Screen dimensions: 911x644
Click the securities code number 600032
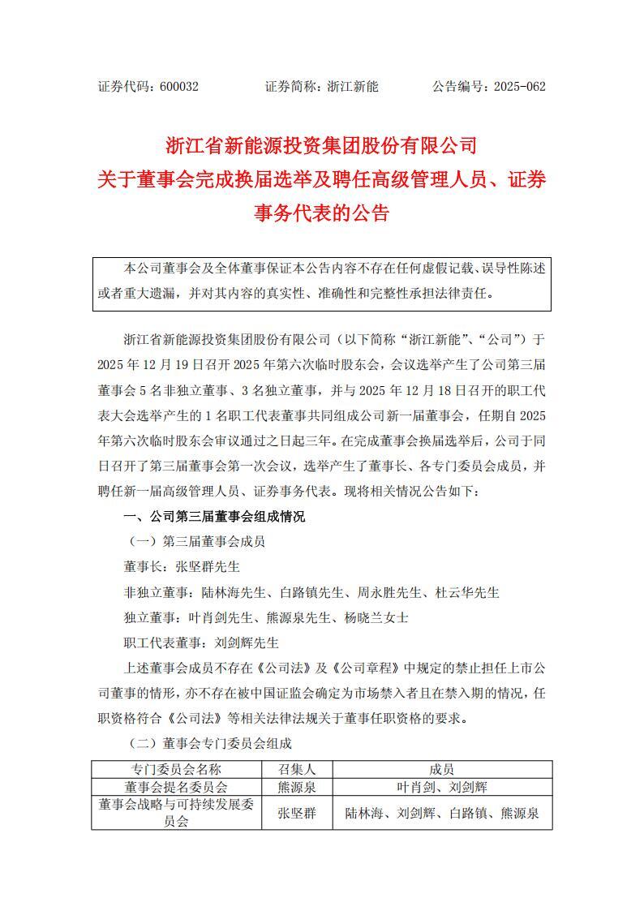[x=178, y=86]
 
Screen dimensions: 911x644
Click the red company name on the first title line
[x=321, y=146]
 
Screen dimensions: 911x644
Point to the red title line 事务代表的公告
[x=321, y=213]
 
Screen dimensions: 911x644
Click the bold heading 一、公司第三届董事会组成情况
[x=214, y=517]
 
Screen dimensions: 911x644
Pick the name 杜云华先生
[x=467, y=592]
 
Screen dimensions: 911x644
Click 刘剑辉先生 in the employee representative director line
[x=247, y=642]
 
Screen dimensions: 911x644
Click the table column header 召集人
[x=295, y=769]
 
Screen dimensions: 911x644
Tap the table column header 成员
[x=442, y=769]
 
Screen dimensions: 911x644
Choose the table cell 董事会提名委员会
[x=175, y=786]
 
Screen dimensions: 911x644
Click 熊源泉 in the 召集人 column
[x=295, y=786]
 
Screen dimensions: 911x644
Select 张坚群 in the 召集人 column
[x=295, y=812]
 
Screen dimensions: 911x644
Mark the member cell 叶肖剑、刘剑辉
[x=442, y=786]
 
